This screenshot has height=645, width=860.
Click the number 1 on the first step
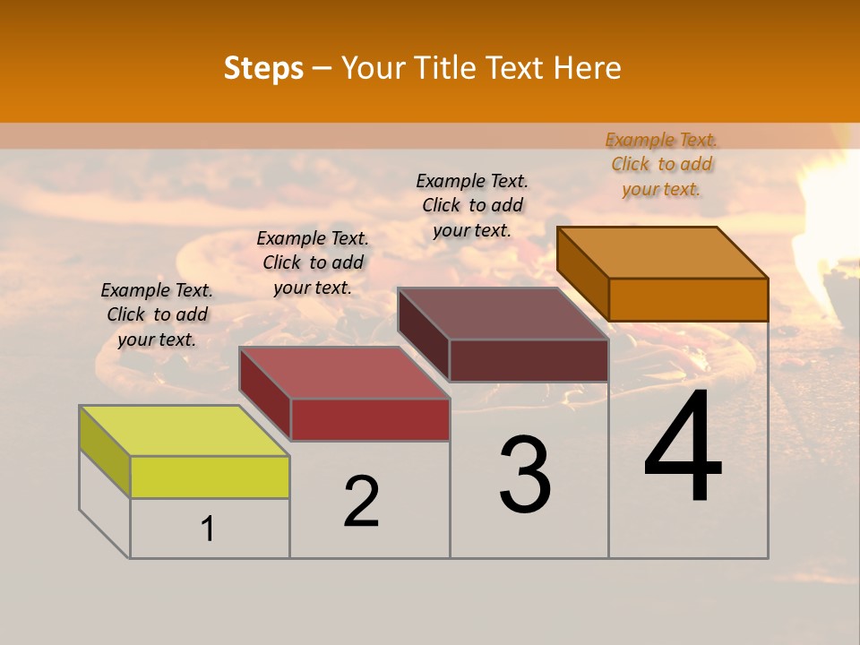[x=208, y=529]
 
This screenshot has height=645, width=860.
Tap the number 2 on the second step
[x=361, y=502]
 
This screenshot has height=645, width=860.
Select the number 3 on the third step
[x=525, y=475]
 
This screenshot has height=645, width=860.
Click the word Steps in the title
[x=263, y=68]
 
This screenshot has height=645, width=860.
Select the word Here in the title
[x=589, y=68]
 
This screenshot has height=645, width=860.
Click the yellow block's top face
[x=184, y=431]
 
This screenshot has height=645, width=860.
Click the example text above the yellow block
[x=157, y=314]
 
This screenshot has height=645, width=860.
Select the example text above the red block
[x=313, y=262]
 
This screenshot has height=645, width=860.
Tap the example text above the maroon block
[x=472, y=205]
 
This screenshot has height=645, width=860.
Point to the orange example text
[x=661, y=164]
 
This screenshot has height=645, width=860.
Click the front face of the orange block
[x=688, y=299]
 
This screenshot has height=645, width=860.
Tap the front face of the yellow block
[x=210, y=477]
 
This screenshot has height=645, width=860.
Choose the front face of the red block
[x=370, y=419]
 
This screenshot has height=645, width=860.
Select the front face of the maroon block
[x=529, y=360]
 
